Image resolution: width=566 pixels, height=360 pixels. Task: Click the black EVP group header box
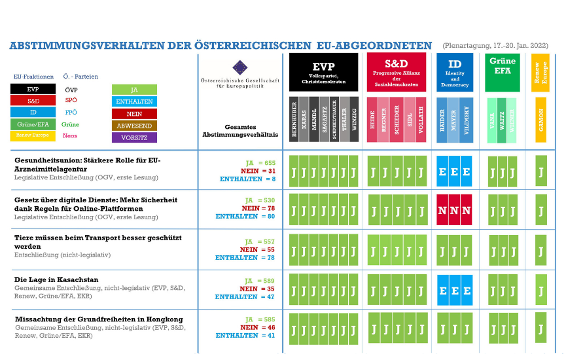pos(323,72)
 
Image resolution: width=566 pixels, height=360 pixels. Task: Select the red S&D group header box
pos(396,72)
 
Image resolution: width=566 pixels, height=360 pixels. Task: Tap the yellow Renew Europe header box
pos(540,72)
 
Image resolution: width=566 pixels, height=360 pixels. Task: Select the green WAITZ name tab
pos(502,119)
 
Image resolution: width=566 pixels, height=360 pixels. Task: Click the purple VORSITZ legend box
pos(134,137)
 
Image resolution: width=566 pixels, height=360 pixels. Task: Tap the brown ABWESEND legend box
pos(134,126)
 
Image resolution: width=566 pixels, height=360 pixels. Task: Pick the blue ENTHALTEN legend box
pos(134,102)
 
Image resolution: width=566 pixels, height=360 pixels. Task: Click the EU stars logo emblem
pos(240,67)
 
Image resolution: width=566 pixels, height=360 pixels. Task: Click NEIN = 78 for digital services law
pos(258,208)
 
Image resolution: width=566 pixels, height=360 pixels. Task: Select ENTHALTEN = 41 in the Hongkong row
pos(245,335)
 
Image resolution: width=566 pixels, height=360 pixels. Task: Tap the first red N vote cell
pos(442,210)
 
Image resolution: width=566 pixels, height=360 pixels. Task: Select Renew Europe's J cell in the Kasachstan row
pos(540,289)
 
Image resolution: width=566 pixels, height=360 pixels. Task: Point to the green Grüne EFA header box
pos(502,72)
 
